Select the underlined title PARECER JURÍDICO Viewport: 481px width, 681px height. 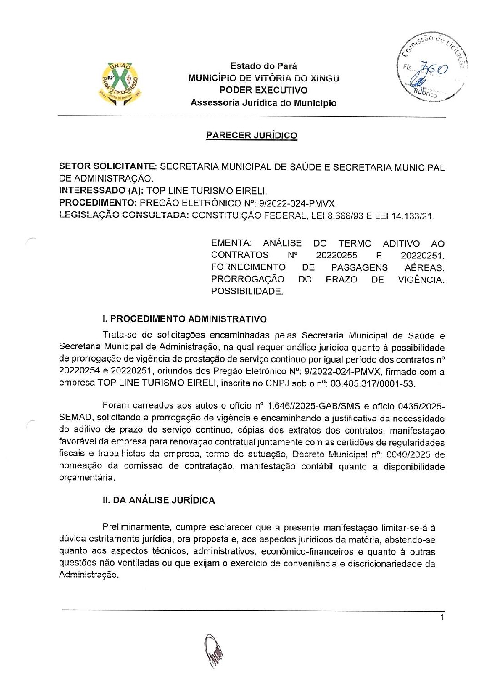tap(252, 136)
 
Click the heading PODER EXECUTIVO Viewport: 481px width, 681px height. tap(263, 91)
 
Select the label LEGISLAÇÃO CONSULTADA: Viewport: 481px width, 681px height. tap(124, 215)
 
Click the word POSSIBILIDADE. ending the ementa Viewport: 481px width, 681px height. tap(247, 292)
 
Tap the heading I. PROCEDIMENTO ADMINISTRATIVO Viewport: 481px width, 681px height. tap(185, 319)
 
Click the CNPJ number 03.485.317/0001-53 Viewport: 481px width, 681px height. tap(373, 383)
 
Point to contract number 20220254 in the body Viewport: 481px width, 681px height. tap(78, 372)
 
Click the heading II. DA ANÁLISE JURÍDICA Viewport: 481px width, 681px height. tap(159, 500)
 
